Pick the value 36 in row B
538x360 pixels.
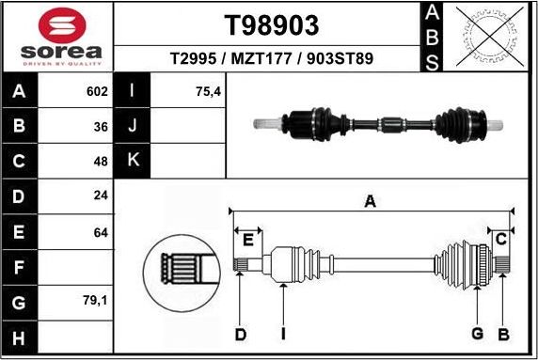[x=101, y=126]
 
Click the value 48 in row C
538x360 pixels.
[x=101, y=161]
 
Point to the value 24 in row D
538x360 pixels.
[x=101, y=196]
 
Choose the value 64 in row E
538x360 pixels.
[x=101, y=231]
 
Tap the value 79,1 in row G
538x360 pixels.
[x=96, y=302]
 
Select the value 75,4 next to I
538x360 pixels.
[x=209, y=92]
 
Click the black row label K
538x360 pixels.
[x=132, y=161]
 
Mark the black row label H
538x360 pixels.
[x=20, y=337]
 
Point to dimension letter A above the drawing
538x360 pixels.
[x=371, y=200]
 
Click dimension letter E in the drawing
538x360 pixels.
[x=248, y=241]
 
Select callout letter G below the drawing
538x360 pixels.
[x=477, y=334]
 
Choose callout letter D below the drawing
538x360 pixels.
[x=240, y=334]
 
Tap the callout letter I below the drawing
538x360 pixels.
[x=282, y=334]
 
